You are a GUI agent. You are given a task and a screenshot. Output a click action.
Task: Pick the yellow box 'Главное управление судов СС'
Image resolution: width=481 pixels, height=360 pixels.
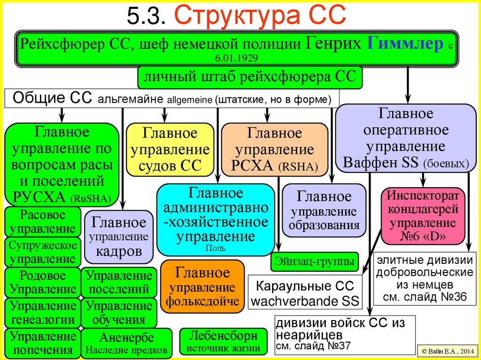coord(168,149)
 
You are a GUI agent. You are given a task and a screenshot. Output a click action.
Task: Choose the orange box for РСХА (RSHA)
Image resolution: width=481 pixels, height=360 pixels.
coord(274,149)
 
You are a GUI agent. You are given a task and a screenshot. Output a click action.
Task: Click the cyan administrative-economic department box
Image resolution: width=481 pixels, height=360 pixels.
coord(216,219)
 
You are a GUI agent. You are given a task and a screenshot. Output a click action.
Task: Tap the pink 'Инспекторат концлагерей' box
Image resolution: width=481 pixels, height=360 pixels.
coord(422,215)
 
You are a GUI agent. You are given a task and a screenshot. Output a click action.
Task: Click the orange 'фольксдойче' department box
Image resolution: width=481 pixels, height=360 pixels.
coord(202,286)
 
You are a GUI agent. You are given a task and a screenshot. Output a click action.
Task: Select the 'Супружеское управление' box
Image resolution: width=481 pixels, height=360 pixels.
coord(42,252)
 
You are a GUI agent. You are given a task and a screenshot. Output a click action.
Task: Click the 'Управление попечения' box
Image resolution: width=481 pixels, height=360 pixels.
coord(42,343)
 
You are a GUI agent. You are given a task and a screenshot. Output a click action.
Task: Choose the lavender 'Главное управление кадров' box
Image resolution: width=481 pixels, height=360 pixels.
coord(119,237)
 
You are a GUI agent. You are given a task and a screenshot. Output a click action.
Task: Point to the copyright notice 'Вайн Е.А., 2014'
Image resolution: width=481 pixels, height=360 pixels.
coord(446,351)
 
